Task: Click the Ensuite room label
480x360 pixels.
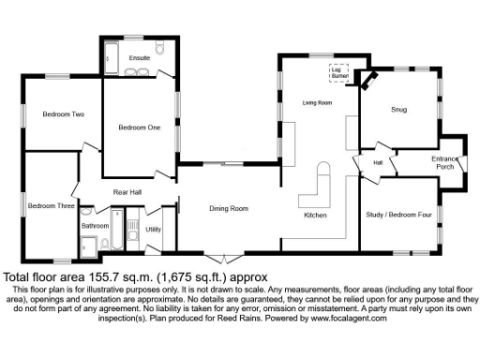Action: (139, 58)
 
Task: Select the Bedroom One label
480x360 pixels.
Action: (138, 127)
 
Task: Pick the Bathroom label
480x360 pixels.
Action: (95, 226)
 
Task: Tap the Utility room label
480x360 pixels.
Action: (154, 229)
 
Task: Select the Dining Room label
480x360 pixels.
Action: (228, 208)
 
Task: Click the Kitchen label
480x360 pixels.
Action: (315, 217)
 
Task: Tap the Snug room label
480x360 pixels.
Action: (397, 110)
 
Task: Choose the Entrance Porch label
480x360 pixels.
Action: (444, 162)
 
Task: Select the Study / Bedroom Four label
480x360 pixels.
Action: (396, 215)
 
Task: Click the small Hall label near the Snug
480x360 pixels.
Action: (379, 162)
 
